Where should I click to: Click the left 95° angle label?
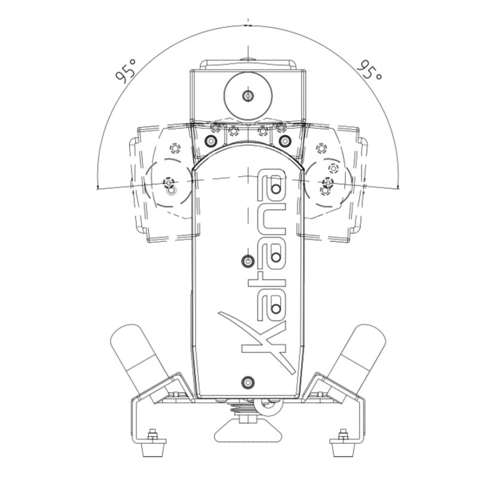tap(125, 71)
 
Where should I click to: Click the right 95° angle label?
tap(369, 70)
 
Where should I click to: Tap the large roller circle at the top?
tap(248, 96)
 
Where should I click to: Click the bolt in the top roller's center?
tap(248, 96)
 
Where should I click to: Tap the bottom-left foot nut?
tap(152, 434)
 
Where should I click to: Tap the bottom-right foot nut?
tap(343, 434)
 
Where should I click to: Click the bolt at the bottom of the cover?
tap(248, 382)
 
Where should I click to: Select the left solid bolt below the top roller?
tap(211, 141)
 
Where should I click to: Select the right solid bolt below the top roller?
tap(285, 141)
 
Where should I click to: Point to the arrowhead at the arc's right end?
tap(398, 186)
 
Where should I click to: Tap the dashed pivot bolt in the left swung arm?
tap(168, 182)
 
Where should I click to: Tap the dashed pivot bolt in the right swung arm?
tap(327, 182)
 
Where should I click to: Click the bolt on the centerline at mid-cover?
tap(248, 261)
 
